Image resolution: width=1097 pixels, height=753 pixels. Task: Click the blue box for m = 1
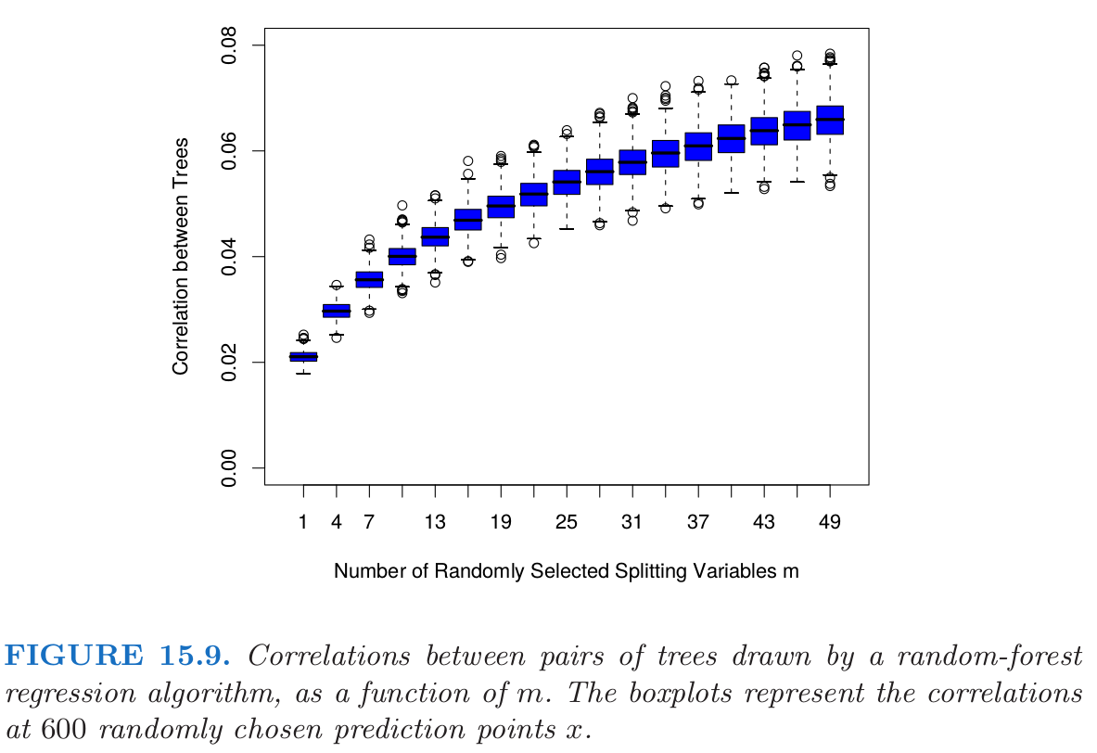pos(303,356)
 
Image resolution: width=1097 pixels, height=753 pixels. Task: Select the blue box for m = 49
pos(830,121)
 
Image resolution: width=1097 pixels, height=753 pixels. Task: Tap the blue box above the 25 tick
pos(567,182)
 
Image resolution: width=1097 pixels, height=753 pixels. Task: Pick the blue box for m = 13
pos(435,236)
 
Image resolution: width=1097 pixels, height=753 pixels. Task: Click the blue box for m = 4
pos(336,311)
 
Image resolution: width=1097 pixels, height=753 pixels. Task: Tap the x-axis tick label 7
pos(369,522)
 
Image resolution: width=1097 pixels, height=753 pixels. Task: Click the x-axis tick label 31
pos(632,522)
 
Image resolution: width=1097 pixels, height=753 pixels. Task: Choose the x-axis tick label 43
pos(764,522)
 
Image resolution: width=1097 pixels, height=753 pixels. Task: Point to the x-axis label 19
pos(501,522)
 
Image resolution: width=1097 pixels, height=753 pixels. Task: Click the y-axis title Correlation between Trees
pos(181,256)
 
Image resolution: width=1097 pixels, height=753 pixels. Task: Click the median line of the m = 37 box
pos(698,146)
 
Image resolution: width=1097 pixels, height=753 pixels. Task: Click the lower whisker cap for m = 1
pos(303,373)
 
